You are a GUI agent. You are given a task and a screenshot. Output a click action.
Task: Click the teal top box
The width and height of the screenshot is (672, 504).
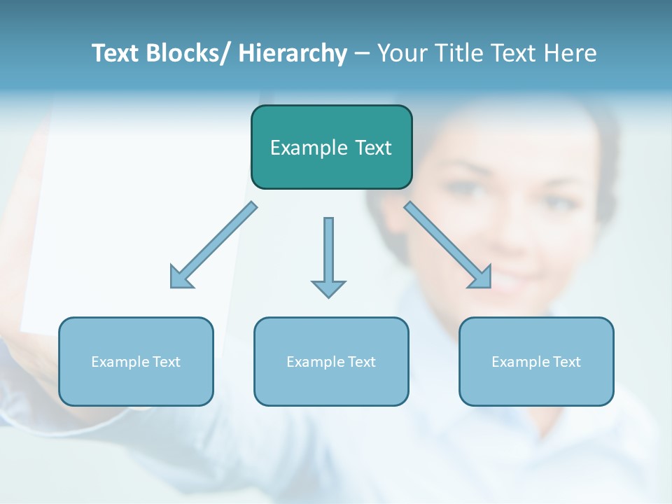[331, 147]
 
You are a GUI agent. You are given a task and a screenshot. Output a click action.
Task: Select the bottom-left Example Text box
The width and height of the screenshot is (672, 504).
[136, 361]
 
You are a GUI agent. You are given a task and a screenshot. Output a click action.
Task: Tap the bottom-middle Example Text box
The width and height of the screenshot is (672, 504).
[331, 361]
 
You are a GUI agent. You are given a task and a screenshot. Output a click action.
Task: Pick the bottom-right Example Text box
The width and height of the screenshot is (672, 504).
[536, 361]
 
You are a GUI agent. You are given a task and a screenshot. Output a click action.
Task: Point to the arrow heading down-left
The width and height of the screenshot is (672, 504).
[213, 245]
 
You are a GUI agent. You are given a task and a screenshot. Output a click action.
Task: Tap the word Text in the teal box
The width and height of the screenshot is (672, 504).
[373, 148]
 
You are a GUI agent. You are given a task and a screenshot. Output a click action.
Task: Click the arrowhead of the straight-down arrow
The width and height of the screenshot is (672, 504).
[328, 288]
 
